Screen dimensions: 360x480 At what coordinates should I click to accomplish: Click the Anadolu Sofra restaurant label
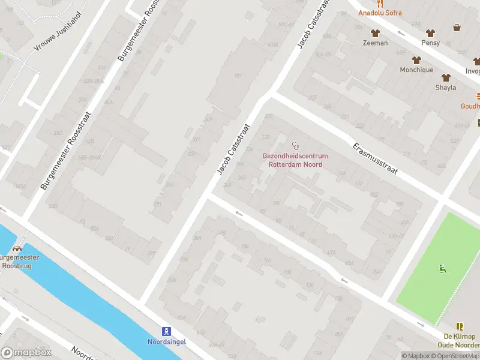pyautogui.click(x=380, y=13)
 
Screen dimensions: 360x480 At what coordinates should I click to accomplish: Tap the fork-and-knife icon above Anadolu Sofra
pyautogui.click(x=380, y=3)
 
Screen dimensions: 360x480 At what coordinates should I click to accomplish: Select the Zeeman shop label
pyautogui.click(x=376, y=43)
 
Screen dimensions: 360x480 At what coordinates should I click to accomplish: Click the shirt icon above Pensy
pyautogui.click(x=430, y=33)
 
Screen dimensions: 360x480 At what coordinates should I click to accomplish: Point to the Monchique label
pyautogui.click(x=416, y=70)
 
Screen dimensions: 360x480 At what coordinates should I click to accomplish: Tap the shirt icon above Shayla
pyautogui.click(x=446, y=77)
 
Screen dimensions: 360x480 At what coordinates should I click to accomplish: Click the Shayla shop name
pyautogui.click(x=446, y=88)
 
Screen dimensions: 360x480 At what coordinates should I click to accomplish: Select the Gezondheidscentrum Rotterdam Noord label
pyautogui.click(x=295, y=160)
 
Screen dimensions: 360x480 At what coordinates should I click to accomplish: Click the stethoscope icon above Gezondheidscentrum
pyautogui.click(x=295, y=146)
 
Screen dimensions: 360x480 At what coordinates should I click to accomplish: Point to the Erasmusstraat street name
pyautogui.click(x=375, y=159)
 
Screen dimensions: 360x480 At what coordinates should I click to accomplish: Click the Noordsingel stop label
pyautogui.click(x=166, y=342)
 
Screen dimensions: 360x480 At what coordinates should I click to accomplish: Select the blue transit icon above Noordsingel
pyautogui.click(x=166, y=331)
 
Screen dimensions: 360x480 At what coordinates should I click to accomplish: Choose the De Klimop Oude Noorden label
pyautogui.click(x=460, y=340)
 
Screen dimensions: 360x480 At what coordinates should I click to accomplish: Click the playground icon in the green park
pyautogui.click(x=443, y=268)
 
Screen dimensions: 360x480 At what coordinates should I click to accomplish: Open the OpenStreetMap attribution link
pyautogui.click(x=456, y=356)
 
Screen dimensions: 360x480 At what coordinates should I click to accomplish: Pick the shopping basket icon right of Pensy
pyautogui.click(x=457, y=28)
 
